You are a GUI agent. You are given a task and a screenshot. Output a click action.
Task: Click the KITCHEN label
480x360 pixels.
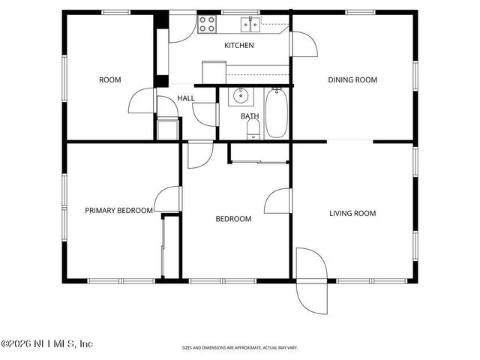tap(239, 46)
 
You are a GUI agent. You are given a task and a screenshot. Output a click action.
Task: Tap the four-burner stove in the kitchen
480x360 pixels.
tap(207, 24)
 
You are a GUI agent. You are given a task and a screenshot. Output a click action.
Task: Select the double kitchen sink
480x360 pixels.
tap(250, 25)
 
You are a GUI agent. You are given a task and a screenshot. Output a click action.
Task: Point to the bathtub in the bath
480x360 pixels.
tap(275, 113)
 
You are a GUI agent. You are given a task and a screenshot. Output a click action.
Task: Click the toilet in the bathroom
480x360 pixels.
tap(253, 129)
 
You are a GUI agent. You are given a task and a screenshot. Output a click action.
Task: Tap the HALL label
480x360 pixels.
tap(186, 98)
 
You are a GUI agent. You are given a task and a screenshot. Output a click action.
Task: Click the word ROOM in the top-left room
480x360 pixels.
tap(110, 79)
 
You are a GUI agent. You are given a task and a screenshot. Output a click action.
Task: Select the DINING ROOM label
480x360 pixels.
tap(352, 79)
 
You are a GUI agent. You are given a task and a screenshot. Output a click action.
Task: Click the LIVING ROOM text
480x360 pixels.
tap(352, 214)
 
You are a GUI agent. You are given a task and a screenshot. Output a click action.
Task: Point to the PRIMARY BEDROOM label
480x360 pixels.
tap(118, 211)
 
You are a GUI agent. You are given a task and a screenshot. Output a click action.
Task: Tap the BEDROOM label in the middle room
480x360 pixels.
tap(233, 219)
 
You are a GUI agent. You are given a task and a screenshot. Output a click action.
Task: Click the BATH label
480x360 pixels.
tap(249, 116)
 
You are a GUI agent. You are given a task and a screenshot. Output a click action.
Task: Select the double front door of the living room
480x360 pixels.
tap(311, 281)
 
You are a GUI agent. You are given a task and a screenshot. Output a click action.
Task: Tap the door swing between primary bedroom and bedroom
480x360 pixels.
tap(170, 199)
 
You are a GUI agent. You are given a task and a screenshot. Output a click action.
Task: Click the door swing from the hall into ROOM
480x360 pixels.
tap(142, 101)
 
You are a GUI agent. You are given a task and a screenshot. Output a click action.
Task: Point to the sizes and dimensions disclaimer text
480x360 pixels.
tap(239, 348)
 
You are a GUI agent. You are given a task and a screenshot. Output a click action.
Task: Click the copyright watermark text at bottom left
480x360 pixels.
tap(46, 343)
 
